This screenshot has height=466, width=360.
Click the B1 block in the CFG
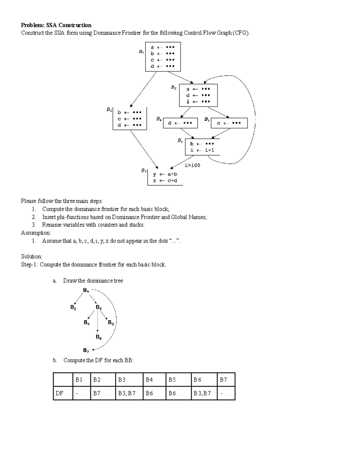tap(163, 57)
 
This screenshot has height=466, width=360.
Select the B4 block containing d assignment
tap(180, 123)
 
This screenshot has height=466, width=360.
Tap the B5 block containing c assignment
tap(229, 123)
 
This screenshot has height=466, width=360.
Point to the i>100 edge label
tap(192, 165)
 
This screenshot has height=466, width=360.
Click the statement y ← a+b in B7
tap(165, 174)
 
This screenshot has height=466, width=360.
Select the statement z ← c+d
tap(165, 181)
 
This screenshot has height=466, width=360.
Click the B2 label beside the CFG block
tap(109, 110)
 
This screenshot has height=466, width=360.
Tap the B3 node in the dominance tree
tap(99, 307)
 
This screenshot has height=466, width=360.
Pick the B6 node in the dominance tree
tap(99, 337)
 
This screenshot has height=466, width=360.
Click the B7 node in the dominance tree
tap(86, 350)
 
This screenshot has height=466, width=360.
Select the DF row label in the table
tap(60, 393)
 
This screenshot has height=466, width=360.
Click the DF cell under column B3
tap(127, 393)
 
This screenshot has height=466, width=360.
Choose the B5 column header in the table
tap(172, 380)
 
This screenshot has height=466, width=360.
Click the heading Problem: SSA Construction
tap(56, 25)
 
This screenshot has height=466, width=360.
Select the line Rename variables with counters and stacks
tap(93, 225)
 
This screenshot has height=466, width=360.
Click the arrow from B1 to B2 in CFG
tap(143, 89)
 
